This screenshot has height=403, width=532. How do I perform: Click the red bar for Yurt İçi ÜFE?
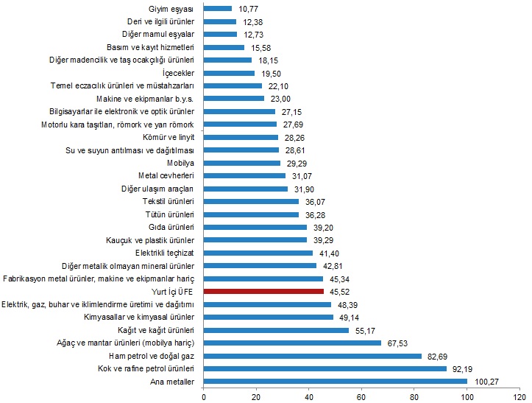[x=263, y=292]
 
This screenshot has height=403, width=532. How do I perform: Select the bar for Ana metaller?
[x=335, y=382]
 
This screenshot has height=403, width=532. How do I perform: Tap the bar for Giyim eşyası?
[x=217, y=9]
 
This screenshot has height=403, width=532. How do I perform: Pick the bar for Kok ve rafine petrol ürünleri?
[x=324, y=368]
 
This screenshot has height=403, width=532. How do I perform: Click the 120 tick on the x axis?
[x=519, y=396]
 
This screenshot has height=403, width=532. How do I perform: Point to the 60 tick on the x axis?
[x=361, y=396]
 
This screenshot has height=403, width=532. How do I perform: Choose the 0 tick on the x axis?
[x=203, y=396]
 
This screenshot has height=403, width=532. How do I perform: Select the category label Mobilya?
[x=180, y=163]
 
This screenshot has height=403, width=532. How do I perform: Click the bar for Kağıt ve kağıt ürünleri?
[x=276, y=330]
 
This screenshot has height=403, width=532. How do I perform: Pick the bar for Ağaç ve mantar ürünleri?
[x=292, y=343]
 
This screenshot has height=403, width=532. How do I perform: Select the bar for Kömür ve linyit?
[x=241, y=137]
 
